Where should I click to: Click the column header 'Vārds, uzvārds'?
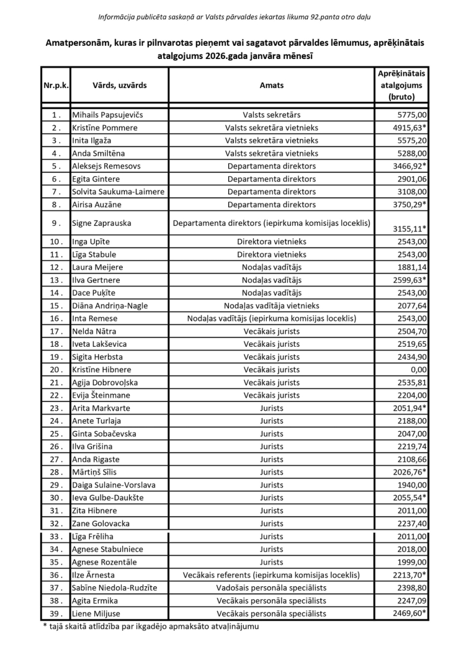pyautogui.click(x=120, y=86)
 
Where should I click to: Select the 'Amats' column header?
pyautogui.click(x=272, y=86)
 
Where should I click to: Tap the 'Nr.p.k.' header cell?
pyautogui.click(x=56, y=86)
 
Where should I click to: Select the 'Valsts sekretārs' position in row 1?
pyautogui.click(x=272, y=115)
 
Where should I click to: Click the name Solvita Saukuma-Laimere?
pyautogui.click(x=118, y=192)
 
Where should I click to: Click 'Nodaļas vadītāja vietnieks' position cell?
pyautogui.click(x=272, y=306)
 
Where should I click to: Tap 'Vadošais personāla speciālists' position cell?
pyautogui.click(x=272, y=588)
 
